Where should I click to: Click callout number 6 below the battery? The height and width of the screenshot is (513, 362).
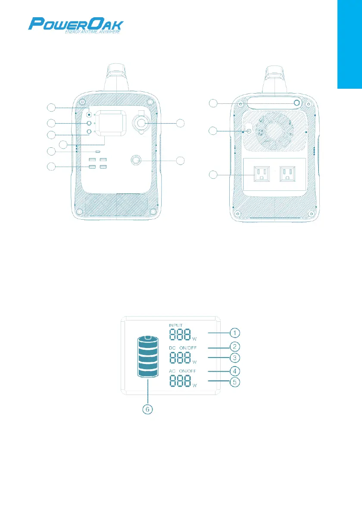(x=148, y=410)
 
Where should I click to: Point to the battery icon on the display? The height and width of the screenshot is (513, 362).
(x=148, y=357)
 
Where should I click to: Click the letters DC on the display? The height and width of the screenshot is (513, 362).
(x=172, y=347)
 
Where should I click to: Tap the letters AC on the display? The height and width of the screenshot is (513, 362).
(x=172, y=371)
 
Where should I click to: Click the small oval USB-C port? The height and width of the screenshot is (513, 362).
(x=99, y=152)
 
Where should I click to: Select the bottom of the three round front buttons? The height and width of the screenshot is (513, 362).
(x=89, y=132)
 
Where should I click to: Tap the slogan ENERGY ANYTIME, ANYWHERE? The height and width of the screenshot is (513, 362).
(x=89, y=32)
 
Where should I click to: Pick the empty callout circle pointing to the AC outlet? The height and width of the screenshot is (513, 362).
(x=213, y=175)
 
